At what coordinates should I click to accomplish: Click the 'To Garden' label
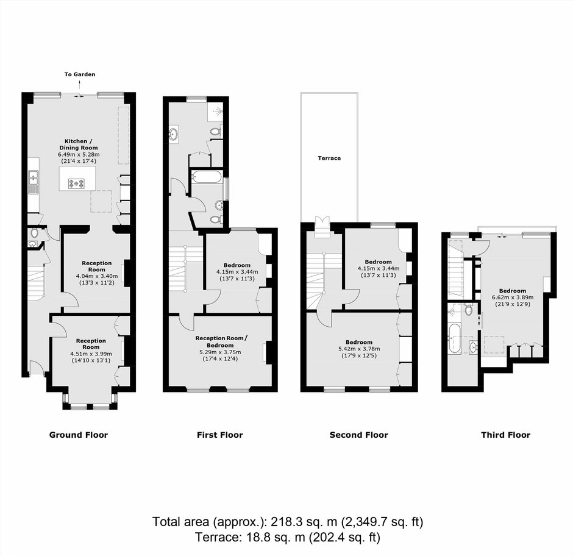click(80, 74)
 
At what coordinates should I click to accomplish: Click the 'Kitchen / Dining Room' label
click(78, 144)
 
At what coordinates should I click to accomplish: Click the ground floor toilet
click(34, 232)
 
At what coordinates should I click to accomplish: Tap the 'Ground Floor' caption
click(79, 435)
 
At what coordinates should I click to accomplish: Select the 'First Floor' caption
click(219, 435)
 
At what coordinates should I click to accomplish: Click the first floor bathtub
click(207, 176)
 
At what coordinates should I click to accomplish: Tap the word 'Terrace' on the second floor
click(329, 158)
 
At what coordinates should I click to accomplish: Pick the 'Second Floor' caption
click(359, 435)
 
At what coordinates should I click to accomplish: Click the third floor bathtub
click(454, 338)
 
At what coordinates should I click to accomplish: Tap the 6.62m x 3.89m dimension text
click(513, 297)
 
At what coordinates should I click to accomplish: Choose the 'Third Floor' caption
click(506, 435)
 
